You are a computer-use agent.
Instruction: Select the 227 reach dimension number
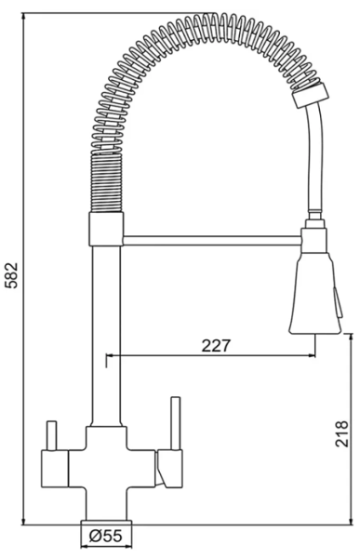click(x=215, y=344)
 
